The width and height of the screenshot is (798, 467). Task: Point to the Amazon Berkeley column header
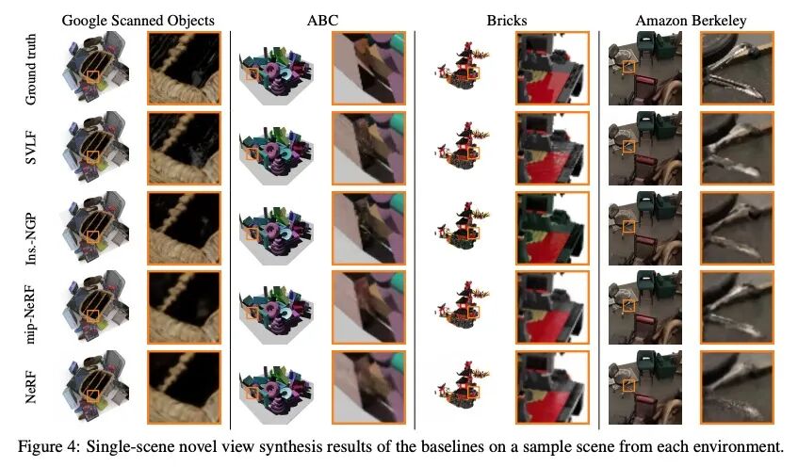pyautogui.click(x=691, y=19)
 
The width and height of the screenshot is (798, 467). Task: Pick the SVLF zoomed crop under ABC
pyautogui.click(x=368, y=148)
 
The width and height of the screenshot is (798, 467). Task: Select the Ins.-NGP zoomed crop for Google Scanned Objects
pyautogui.click(x=184, y=228)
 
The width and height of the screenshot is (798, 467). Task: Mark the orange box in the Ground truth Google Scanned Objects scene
pyautogui.click(x=92, y=75)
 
